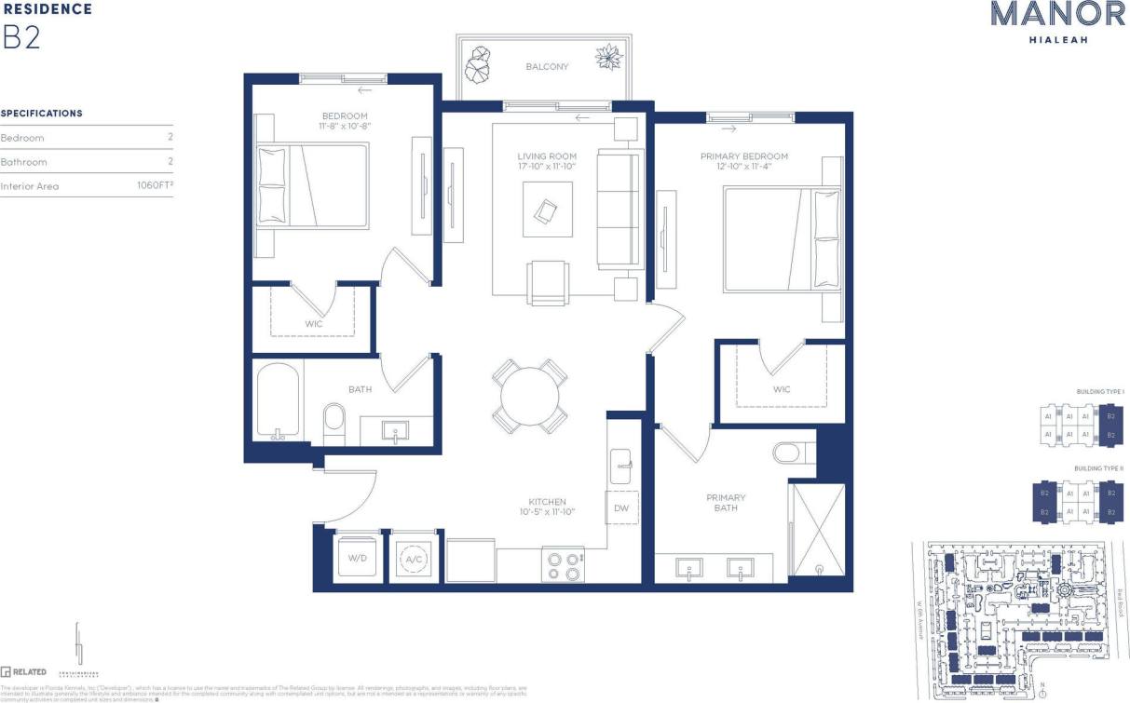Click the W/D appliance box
358,557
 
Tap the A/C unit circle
413,558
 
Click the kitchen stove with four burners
563,566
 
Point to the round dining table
529,396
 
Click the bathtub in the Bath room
278,401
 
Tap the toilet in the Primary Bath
793,453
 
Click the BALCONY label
547,67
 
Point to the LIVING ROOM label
547,156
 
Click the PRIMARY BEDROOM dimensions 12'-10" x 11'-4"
744,168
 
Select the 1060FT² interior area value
155,186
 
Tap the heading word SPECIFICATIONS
41,114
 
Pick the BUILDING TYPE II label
1099,468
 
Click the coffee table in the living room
547,209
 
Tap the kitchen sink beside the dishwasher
621,462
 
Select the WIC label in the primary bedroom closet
782,389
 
